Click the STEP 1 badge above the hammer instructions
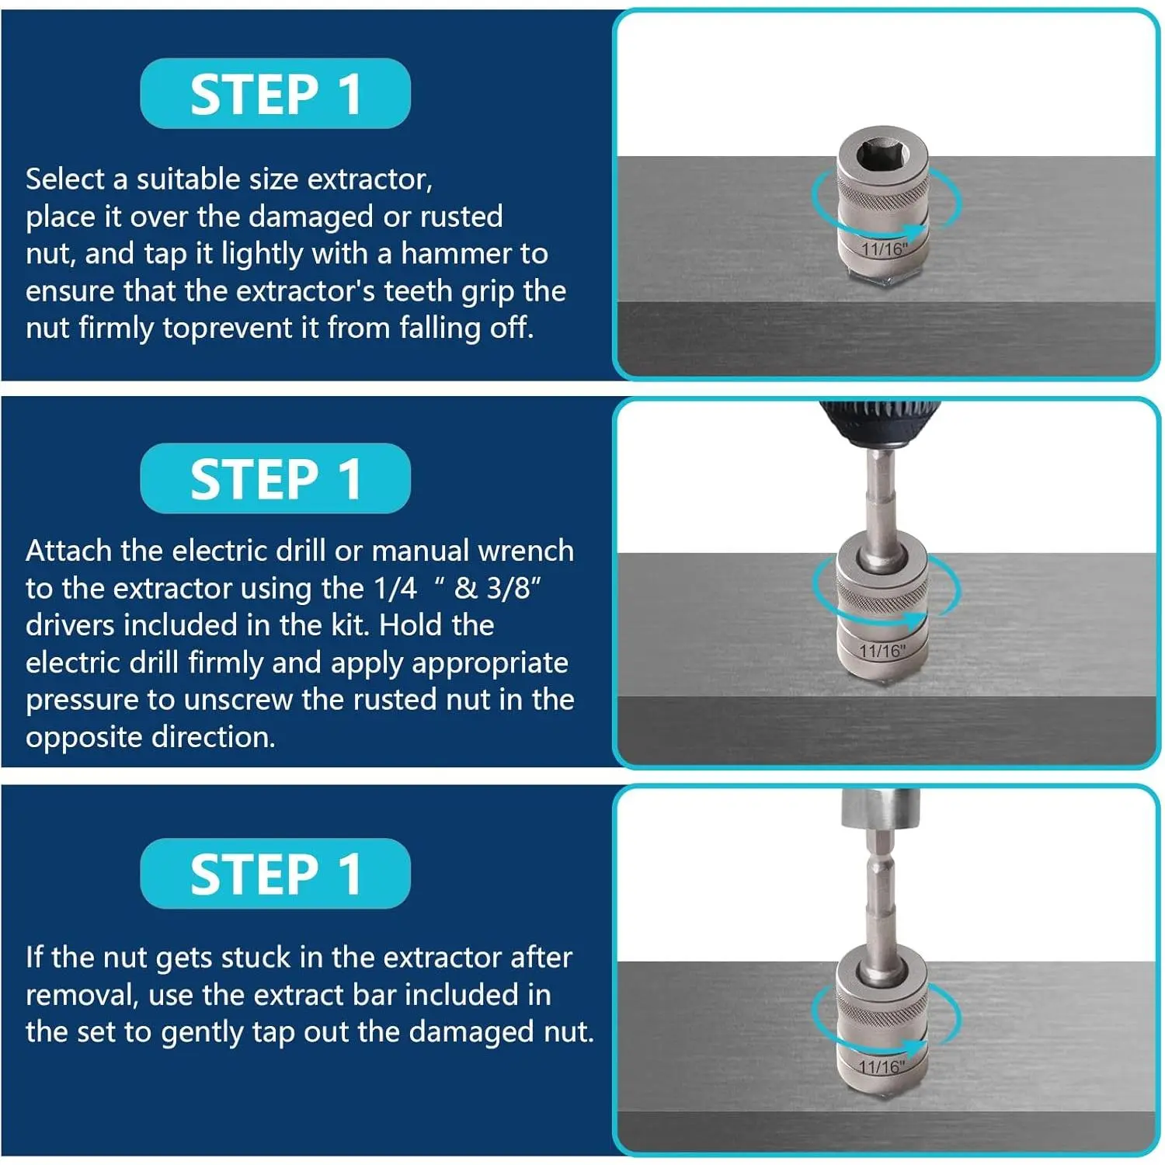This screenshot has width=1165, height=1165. tap(275, 94)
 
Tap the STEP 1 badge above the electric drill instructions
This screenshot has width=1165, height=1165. tap(275, 478)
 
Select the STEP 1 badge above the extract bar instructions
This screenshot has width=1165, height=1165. tap(275, 874)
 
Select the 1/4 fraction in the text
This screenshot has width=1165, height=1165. tap(395, 589)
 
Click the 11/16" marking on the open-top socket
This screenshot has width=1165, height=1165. tap(885, 249)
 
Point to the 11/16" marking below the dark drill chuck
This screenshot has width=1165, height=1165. tap(883, 651)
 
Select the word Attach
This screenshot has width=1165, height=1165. tap(69, 551)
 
